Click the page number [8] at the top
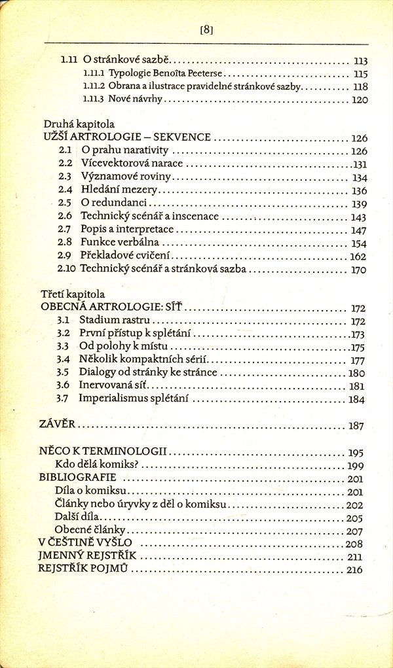pos(207,29)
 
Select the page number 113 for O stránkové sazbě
pos(360,60)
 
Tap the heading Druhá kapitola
pos(79,124)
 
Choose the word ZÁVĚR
pos(58,425)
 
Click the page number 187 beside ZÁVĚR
pos(356,426)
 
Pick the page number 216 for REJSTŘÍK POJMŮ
pos(354,571)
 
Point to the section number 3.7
pos(63,398)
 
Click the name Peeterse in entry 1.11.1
pos(192,73)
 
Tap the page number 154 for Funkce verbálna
pos(358,243)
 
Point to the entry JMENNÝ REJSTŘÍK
pos(87,557)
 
